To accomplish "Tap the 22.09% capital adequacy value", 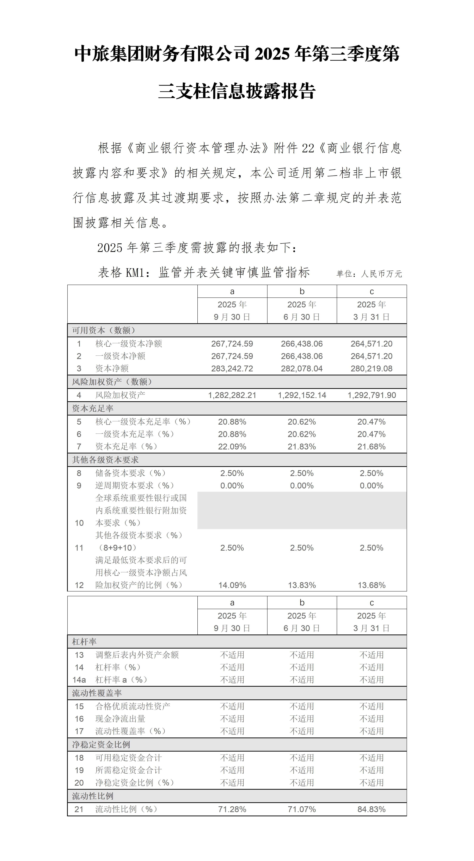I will point(232,447).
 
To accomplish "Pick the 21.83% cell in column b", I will point(302,447).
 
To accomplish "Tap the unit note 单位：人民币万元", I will point(369,274).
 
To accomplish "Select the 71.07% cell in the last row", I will point(302,809).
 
